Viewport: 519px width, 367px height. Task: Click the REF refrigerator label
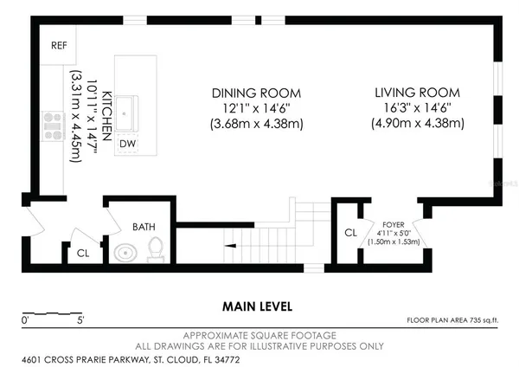[59, 45]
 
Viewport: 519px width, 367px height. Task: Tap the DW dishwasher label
[127, 144]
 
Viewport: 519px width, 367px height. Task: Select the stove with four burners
[53, 126]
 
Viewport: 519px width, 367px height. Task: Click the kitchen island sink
[125, 113]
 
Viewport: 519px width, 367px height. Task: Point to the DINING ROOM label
[257, 93]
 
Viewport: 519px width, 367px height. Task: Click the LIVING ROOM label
[418, 93]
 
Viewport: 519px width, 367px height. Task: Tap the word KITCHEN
[106, 116]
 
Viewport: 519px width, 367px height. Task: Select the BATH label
[144, 227]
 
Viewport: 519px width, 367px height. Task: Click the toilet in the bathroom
[155, 249]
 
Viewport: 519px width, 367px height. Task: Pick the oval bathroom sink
[125, 253]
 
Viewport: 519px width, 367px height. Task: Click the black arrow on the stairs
[230, 246]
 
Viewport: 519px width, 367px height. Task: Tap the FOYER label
[394, 225]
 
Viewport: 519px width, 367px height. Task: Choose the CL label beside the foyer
[351, 233]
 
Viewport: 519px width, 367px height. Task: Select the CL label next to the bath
[83, 254]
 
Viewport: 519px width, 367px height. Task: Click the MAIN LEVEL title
[257, 306]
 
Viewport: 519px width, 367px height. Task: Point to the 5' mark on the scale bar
[80, 320]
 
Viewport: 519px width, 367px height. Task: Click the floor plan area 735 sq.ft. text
[452, 320]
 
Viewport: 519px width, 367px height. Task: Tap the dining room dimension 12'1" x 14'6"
[257, 108]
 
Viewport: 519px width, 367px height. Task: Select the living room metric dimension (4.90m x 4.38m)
[418, 123]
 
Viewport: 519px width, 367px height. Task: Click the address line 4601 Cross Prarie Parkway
[131, 360]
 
